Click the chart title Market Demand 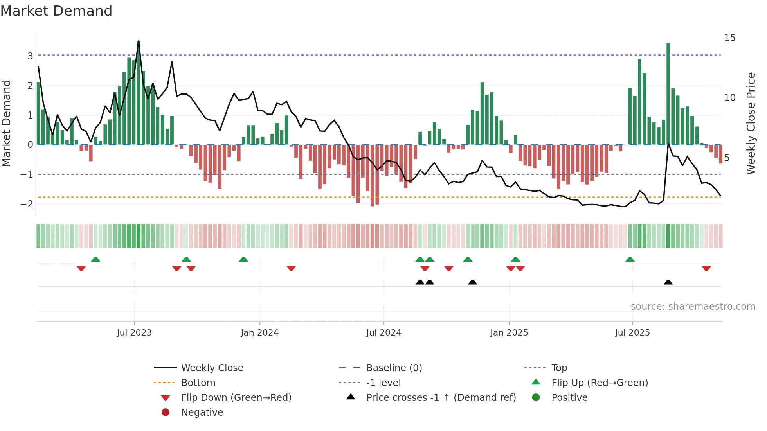(x=56, y=11)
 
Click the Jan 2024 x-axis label (x=259, y=333)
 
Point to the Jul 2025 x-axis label (x=632, y=333)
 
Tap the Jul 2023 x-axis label (x=134, y=333)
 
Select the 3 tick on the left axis (x=30, y=56)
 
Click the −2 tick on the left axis (x=27, y=204)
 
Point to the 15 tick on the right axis (x=729, y=38)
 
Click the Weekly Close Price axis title (x=751, y=123)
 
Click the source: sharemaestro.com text (x=693, y=307)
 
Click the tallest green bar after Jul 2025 (x=668, y=94)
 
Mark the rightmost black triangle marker (x=668, y=282)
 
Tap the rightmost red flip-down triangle (x=706, y=268)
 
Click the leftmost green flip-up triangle (x=95, y=259)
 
